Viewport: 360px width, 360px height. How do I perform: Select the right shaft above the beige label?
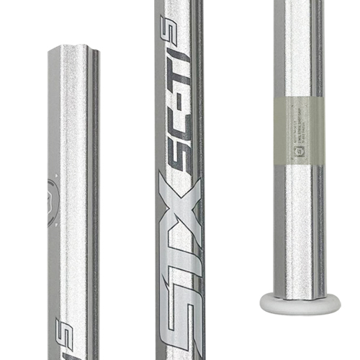click(x=300, y=43)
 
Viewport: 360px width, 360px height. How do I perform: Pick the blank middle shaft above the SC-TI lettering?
click(x=180, y=22)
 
